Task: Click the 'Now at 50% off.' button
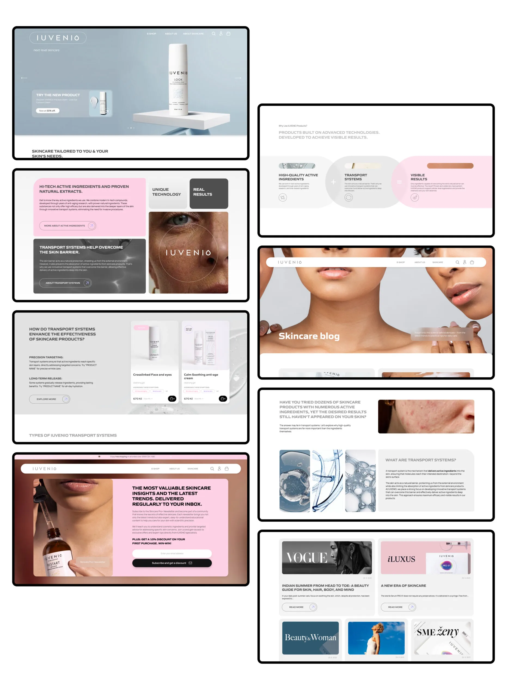pyautogui.click(x=47, y=111)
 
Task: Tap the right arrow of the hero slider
pyautogui.click(x=238, y=78)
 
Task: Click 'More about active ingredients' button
pyautogui.click(x=67, y=226)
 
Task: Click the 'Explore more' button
pyautogui.click(x=50, y=399)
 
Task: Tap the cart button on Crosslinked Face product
pyautogui.click(x=172, y=399)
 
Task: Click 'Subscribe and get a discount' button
pyautogui.click(x=172, y=563)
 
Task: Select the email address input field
pyautogui.click(x=172, y=553)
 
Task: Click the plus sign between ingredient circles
pyautogui.click(x=333, y=182)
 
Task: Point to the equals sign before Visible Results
pyautogui.click(x=399, y=182)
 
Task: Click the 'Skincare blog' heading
pyautogui.click(x=309, y=336)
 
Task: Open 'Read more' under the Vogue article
pyautogui.click(x=299, y=607)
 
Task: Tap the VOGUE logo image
pyautogui.click(x=307, y=558)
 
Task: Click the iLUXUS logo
pyautogui.click(x=401, y=559)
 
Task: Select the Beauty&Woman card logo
pyautogui.click(x=310, y=637)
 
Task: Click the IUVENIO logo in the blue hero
pyautogui.click(x=58, y=38)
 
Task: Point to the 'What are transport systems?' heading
pyautogui.click(x=420, y=460)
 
